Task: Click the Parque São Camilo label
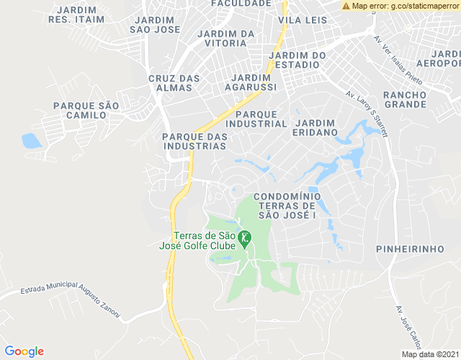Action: (86, 110)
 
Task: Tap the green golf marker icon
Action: (245, 237)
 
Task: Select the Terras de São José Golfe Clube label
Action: (198, 240)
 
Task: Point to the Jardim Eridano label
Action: (315, 128)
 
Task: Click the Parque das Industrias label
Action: (194, 141)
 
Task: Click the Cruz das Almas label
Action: (170, 83)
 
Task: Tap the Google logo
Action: (24, 351)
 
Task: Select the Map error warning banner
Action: (400, 6)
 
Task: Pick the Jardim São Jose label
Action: (154, 24)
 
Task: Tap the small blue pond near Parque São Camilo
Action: (32, 140)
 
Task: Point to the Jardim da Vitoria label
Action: (225, 38)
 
